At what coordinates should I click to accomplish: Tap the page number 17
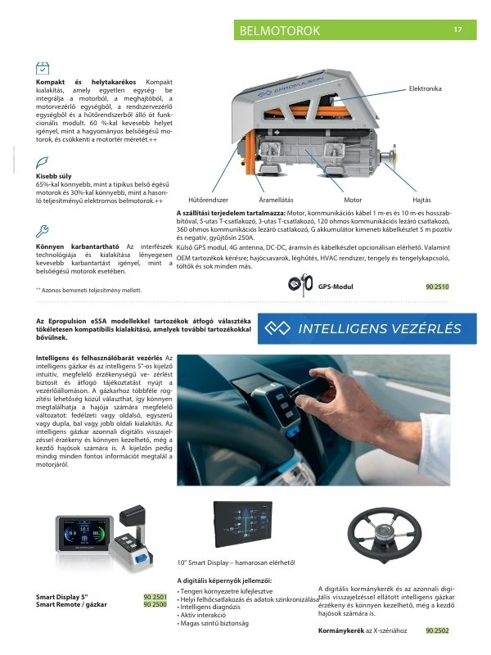(x=457, y=30)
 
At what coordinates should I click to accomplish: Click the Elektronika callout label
(x=425, y=88)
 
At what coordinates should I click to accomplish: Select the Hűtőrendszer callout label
(x=208, y=200)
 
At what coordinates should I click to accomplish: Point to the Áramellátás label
(x=276, y=200)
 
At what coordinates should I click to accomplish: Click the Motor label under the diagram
(x=353, y=200)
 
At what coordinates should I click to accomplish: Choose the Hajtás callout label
(x=422, y=200)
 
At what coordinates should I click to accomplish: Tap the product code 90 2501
(x=155, y=598)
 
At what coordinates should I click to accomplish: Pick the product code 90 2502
(x=437, y=630)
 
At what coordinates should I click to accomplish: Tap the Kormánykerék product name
(x=340, y=630)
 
